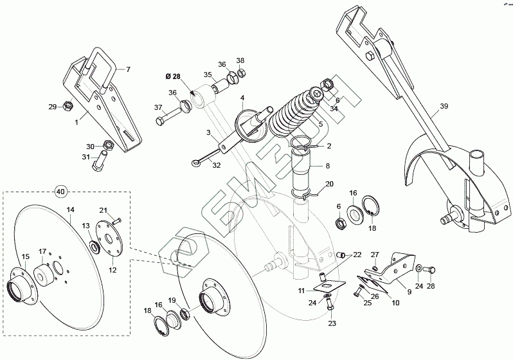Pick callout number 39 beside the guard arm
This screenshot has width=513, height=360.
click(x=444, y=107)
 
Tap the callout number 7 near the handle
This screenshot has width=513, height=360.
click(x=127, y=69)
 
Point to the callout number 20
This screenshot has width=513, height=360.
click(x=329, y=184)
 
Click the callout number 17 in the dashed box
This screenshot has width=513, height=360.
click(x=43, y=251)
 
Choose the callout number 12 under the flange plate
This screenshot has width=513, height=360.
click(x=113, y=271)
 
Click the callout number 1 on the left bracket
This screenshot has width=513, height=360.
click(x=76, y=121)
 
